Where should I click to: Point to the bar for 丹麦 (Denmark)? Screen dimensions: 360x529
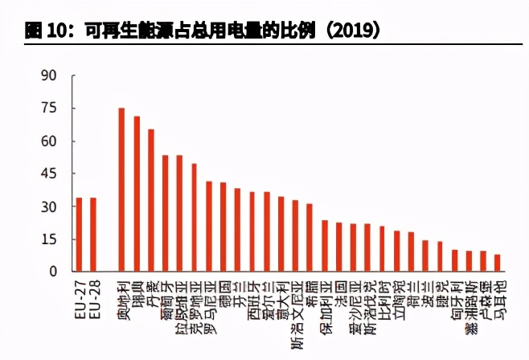point(151,200)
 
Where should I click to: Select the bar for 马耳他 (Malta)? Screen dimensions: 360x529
point(498,263)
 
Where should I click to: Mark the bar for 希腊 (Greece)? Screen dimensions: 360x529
point(310,237)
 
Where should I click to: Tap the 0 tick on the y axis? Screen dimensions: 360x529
point(52,272)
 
